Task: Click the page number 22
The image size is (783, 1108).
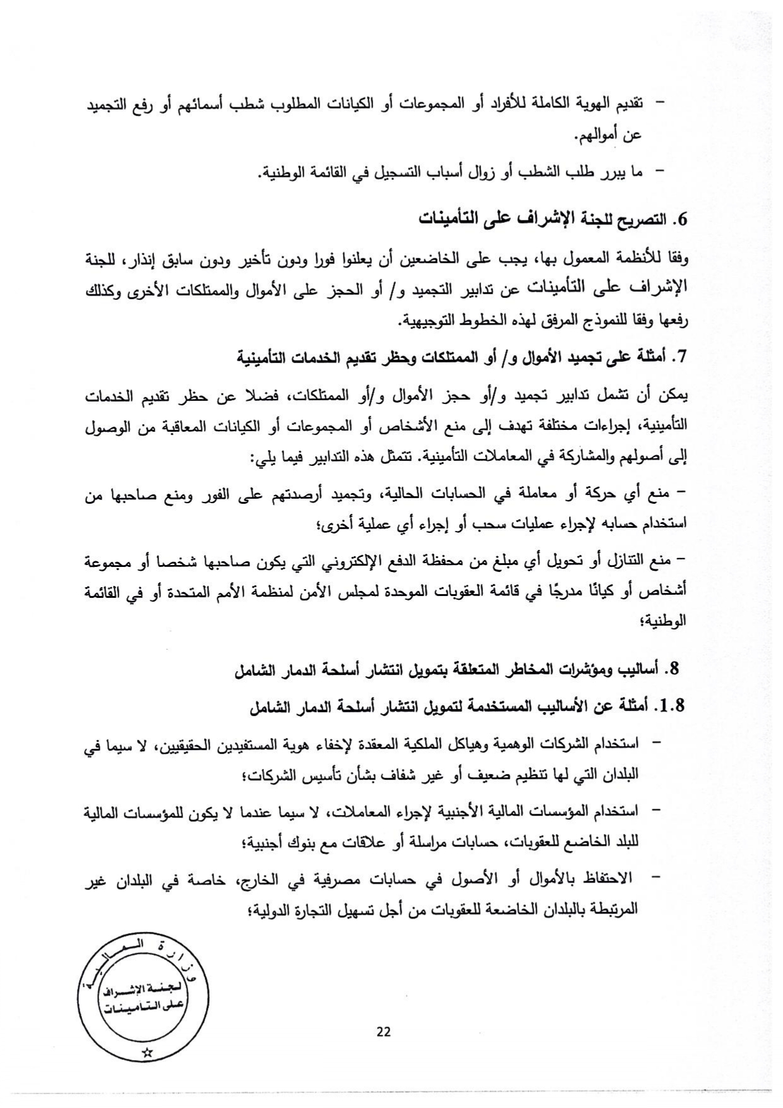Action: pyautogui.click(x=383, y=1032)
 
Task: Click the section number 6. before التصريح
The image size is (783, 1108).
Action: pyautogui.click(x=679, y=220)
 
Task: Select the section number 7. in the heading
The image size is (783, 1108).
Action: pyautogui.click(x=679, y=358)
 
